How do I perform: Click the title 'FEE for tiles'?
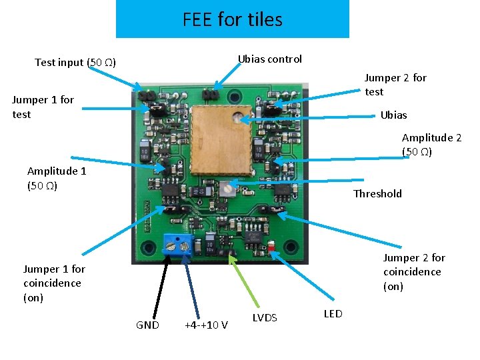pos(232,19)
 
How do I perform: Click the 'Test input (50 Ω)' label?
pos(75,63)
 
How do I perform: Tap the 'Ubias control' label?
pos(270,59)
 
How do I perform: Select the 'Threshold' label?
pos(377,193)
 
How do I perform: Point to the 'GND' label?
pos(147,325)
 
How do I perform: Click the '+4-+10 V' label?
pos(206,325)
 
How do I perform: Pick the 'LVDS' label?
pos(265,317)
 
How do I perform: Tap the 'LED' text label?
pos(333,313)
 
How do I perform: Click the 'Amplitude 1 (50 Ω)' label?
pos(57,178)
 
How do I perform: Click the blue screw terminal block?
pos(179,245)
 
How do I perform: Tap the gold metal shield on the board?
pos(220,137)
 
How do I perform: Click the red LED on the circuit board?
pos(274,249)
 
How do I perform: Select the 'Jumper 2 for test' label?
pos(395,85)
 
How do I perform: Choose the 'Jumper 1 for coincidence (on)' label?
pos(54,283)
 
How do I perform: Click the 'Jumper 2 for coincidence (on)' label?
pos(413,271)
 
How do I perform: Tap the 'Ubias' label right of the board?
pos(393,115)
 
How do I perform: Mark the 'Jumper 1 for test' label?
pos(43,107)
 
